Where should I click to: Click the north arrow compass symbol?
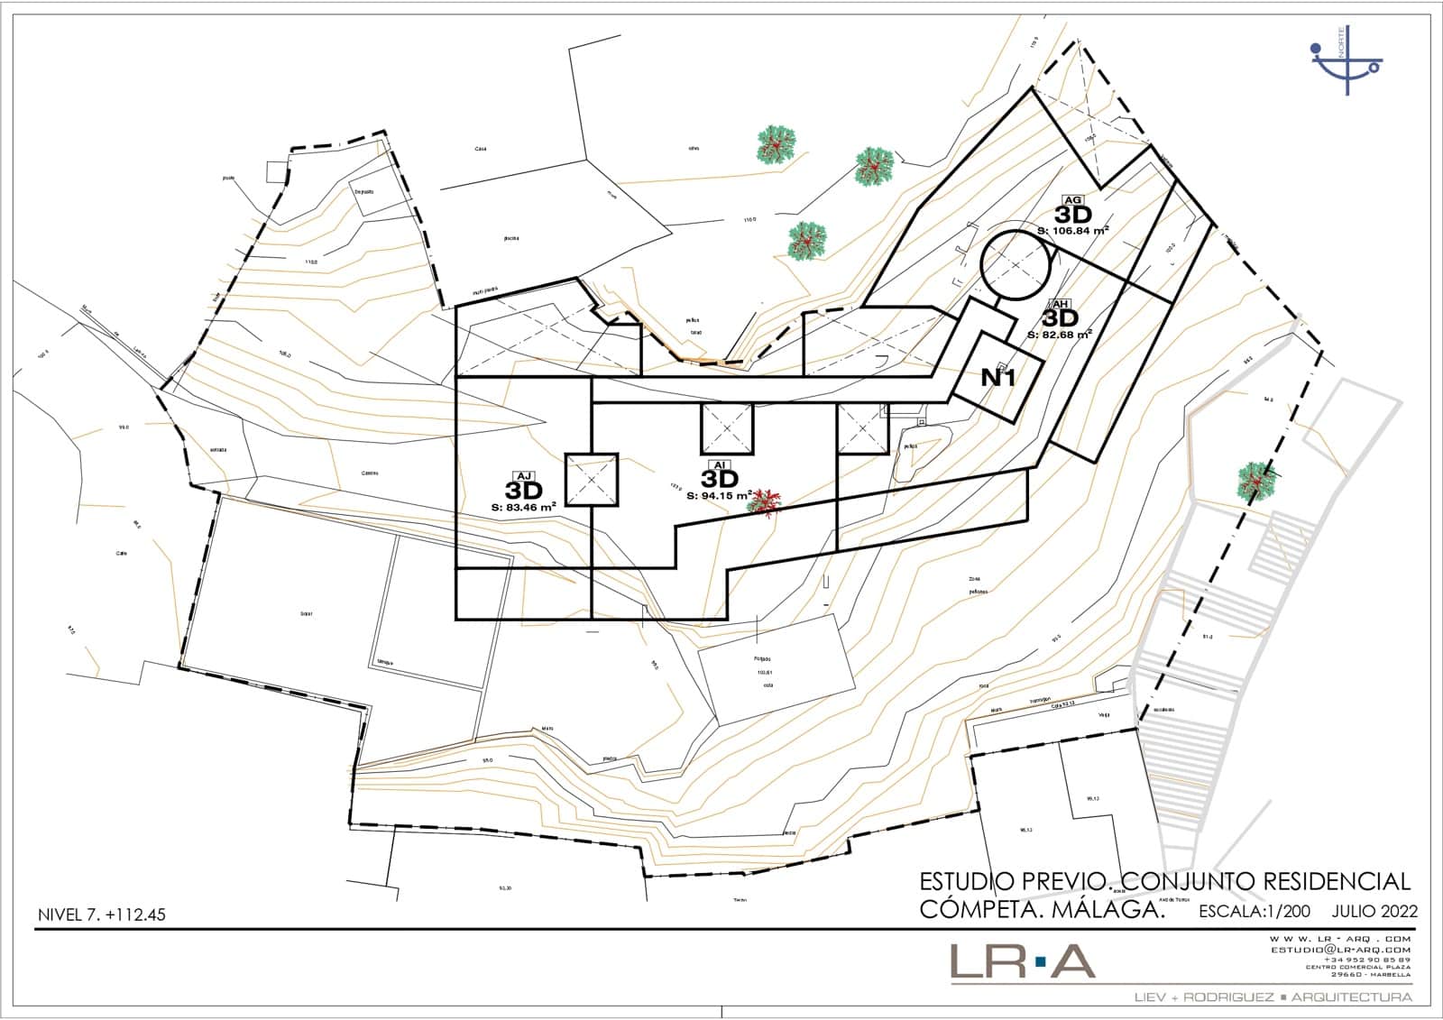tap(1346, 60)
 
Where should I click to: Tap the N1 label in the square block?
tap(997, 378)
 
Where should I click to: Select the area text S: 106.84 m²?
tap(1072, 231)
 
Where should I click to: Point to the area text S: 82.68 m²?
tap(1060, 335)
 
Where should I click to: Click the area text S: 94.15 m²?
tap(720, 495)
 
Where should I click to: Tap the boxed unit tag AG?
tap(1072, 200)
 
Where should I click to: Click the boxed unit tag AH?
tap(1061, 305)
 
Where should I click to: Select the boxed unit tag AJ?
tap(523, 476)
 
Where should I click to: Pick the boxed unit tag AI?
tap(720, 464)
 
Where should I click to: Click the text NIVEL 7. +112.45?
tap(101, 914)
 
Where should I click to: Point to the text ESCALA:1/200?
tap(1255, 911)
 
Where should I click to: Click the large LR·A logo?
tap(1023, 961)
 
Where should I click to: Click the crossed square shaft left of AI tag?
tap(591, 479)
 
